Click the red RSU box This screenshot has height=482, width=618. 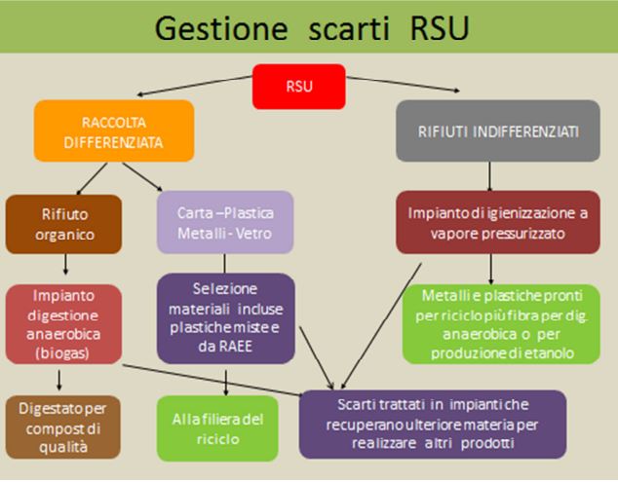[298, 87]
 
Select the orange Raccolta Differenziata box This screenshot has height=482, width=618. [114, 130]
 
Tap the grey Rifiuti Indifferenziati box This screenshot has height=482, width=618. [498, 130]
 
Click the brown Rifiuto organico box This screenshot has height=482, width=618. [64, 224]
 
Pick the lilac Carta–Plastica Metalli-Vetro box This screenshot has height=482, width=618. [225, 222]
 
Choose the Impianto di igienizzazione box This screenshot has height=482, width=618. [498, 222]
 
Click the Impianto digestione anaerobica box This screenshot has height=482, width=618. [63, 324]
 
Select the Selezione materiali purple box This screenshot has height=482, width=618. [226, 318]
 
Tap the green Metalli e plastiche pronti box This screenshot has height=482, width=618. [501, 324]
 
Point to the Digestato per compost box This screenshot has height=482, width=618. [63, 427]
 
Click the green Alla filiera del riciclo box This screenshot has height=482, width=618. [217, 428]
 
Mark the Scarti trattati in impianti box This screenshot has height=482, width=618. [433, 425]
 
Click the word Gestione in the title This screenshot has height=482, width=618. [221, 28]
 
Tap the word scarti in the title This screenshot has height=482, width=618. [349, 28]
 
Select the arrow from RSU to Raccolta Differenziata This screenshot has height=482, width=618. [195, 86]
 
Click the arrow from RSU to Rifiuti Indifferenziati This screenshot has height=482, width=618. [403, 84]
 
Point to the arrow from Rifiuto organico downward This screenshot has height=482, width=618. [65, 264]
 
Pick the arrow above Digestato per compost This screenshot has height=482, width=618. [59, 380]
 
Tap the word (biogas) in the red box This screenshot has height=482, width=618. [62, 352]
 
